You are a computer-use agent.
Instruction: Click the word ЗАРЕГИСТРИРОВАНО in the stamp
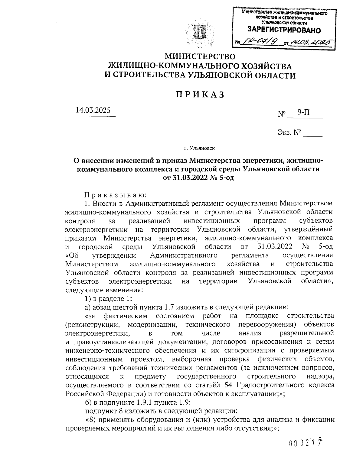coord(284,30)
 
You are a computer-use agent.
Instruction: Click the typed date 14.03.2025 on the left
coord(93,110)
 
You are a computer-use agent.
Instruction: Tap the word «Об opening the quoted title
coord(72,255)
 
